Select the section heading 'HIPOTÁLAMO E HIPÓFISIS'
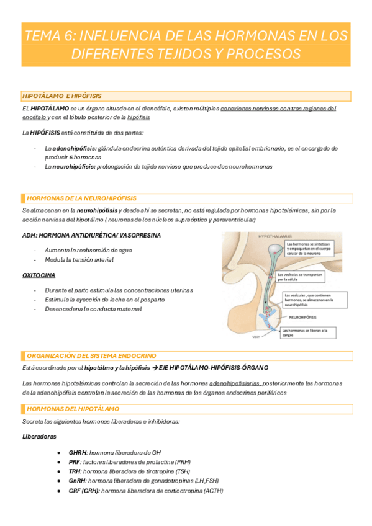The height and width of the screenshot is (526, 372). click(61, 96)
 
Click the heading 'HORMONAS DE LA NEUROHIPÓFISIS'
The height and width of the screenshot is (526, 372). click(81, 198)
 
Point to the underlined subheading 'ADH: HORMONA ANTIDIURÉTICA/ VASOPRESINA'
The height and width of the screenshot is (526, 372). click(91, 236)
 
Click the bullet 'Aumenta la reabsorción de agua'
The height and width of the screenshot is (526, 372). click(88, 250)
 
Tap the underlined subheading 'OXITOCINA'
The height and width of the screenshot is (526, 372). click(39, 274)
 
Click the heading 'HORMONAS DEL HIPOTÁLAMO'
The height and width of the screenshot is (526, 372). click(73, 409)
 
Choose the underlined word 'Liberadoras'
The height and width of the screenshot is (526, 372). click(39, 437)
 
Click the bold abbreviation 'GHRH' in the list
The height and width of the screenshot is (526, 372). click(79, 453)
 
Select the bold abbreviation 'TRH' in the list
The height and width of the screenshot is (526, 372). click(76, 471)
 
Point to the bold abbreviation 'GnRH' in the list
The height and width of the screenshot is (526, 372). click(78, 481)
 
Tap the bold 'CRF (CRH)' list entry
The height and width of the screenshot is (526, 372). click(84, 490)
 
